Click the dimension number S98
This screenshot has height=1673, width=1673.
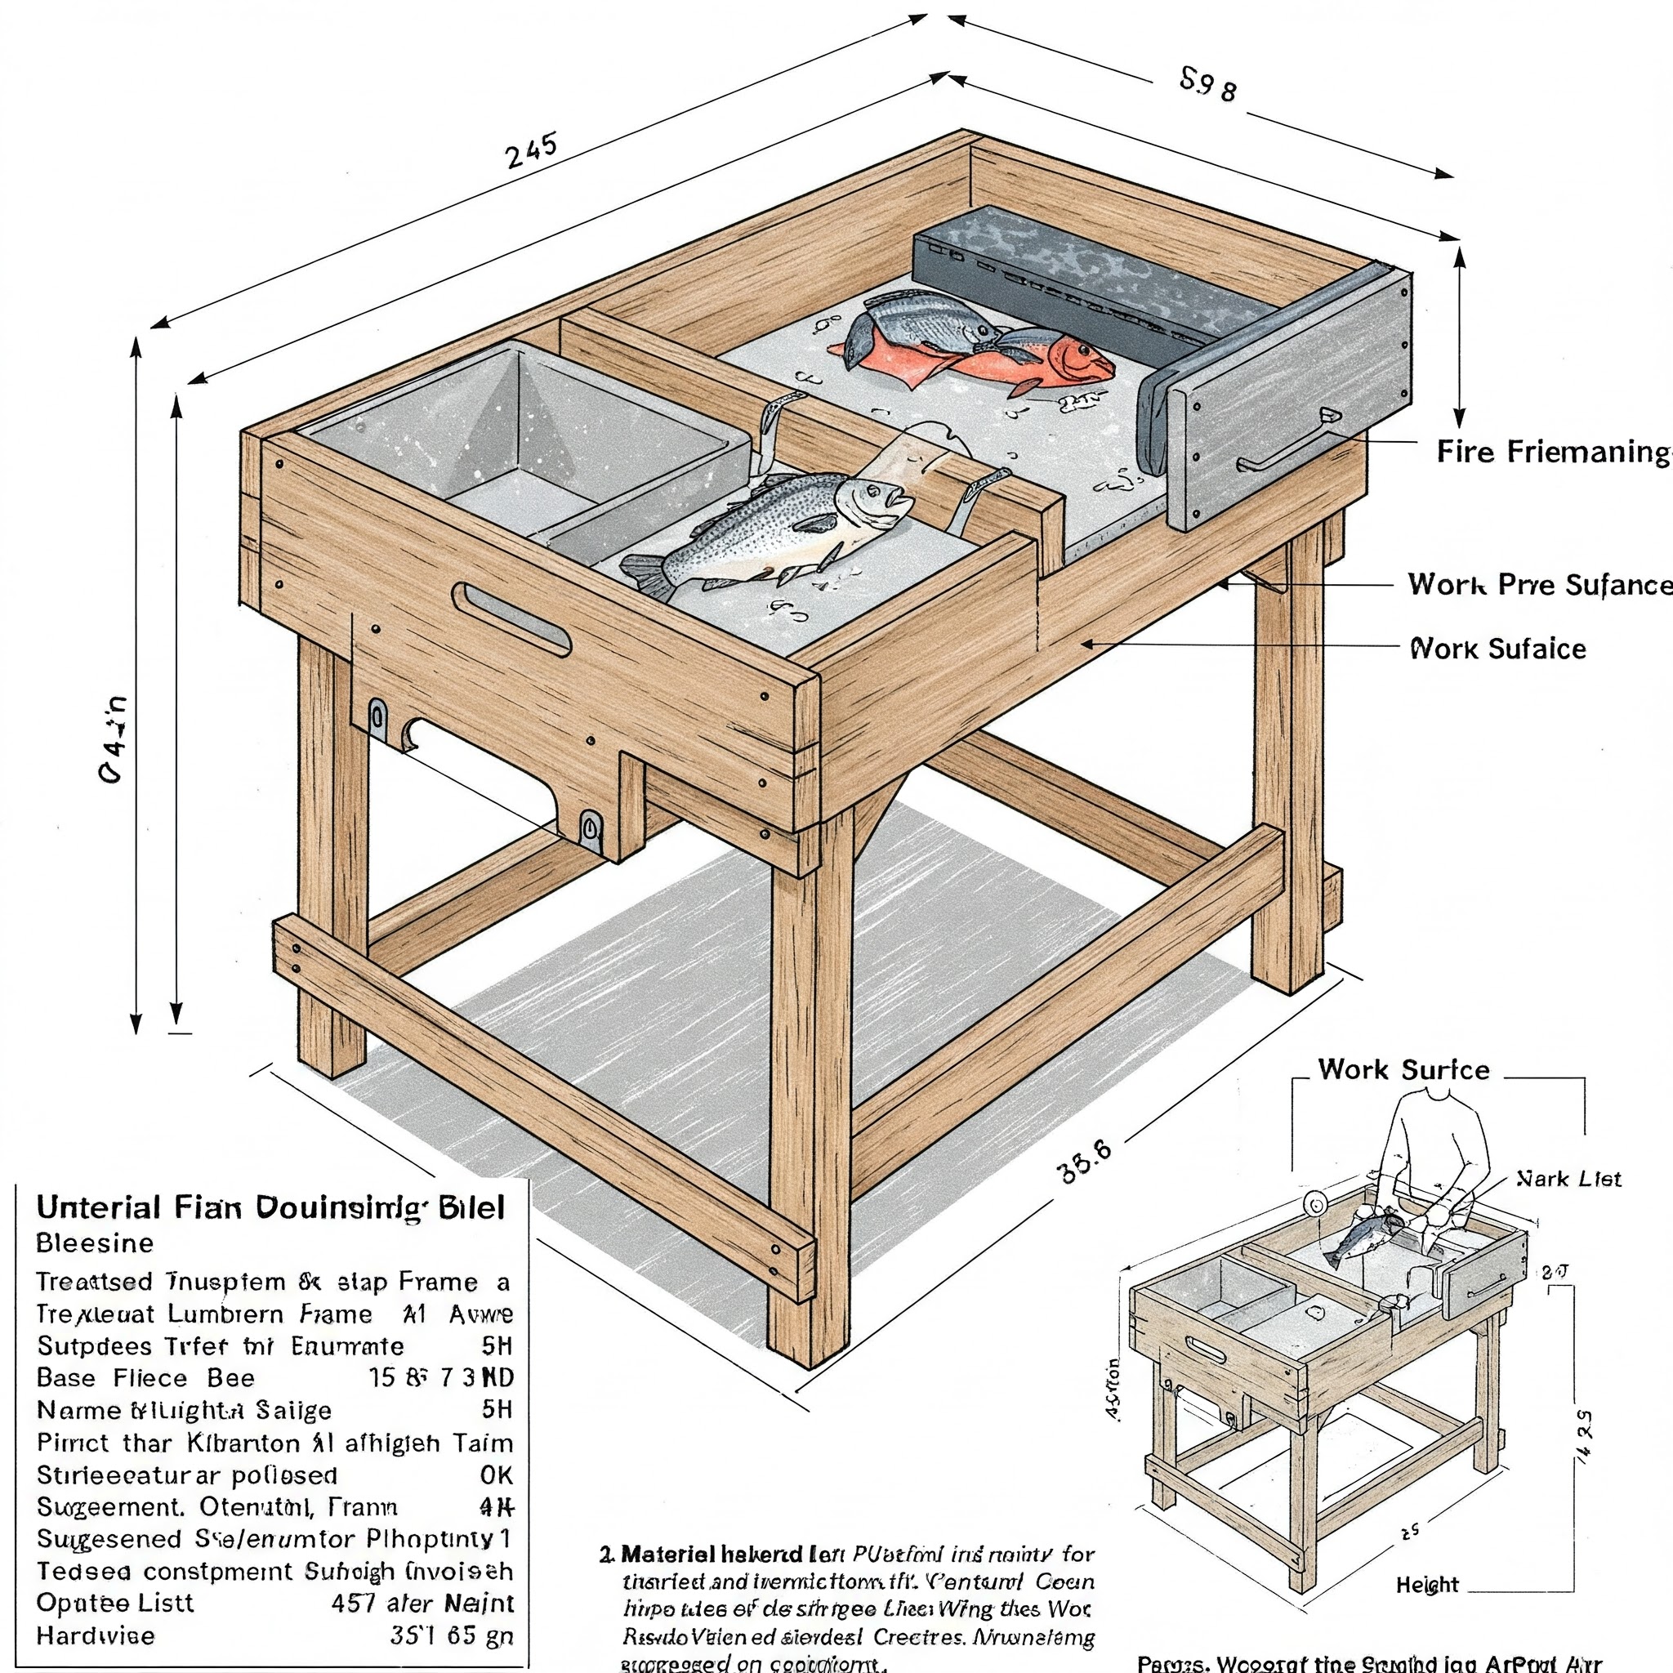[x=1208, y=85]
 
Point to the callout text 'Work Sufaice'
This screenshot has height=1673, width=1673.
[x=1498, y=649]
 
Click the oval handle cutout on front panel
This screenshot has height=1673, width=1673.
[x=511, y=618]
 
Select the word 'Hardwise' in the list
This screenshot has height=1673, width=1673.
[x=96, y=1635]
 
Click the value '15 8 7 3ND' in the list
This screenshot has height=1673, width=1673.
[x=442, y=1378]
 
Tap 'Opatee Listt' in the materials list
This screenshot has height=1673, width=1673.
[x=115, y=1603]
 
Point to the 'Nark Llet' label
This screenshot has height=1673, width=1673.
[x=1568, y=1179]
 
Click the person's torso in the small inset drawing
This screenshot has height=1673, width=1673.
[x=1438, y=1135]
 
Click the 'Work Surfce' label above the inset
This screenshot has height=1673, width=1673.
[x=1403, y=1069]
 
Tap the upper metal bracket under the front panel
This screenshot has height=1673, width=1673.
[x=378, y=718]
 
